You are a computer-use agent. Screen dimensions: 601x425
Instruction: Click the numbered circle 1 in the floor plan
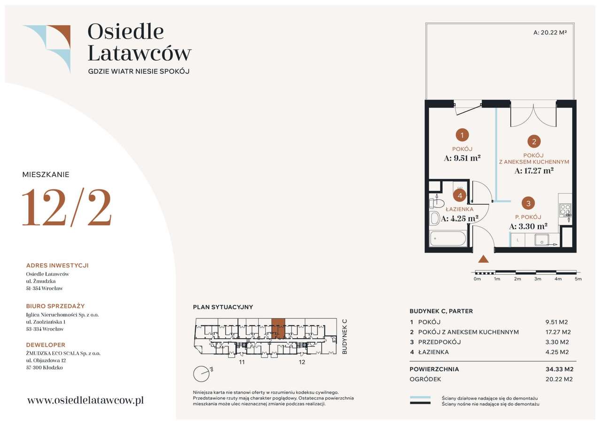tap(462, 135)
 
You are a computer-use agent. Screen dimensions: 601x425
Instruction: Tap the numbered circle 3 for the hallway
tap(528, 203)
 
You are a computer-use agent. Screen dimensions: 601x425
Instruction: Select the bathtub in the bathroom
tap(448, 238)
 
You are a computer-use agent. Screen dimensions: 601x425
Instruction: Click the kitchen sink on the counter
tap(541, 240)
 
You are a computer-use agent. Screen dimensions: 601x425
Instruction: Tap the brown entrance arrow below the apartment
tap(483, 259)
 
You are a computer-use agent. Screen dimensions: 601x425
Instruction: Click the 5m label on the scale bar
tap(578, 279)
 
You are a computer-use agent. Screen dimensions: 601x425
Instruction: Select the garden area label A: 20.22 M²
tap(550, 32)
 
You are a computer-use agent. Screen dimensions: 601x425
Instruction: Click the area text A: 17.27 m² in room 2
tap(534, 170)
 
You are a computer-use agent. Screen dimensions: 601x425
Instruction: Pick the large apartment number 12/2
tap(67, 207)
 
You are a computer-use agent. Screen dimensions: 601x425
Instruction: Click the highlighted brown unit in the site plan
tap(278, 329)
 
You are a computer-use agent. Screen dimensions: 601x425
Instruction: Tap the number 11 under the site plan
tap(242, 362)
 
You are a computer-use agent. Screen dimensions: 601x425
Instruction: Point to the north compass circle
tap(201, 374)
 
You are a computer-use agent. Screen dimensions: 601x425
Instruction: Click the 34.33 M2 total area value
tap(559, 369)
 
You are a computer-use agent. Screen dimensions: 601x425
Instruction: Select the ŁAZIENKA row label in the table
tap(433, 352)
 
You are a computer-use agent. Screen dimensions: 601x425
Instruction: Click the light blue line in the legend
tap(420, 397)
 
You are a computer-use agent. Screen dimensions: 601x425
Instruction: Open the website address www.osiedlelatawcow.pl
tap(85, 401)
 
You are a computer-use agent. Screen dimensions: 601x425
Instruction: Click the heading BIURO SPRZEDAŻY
tap(55, 306)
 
